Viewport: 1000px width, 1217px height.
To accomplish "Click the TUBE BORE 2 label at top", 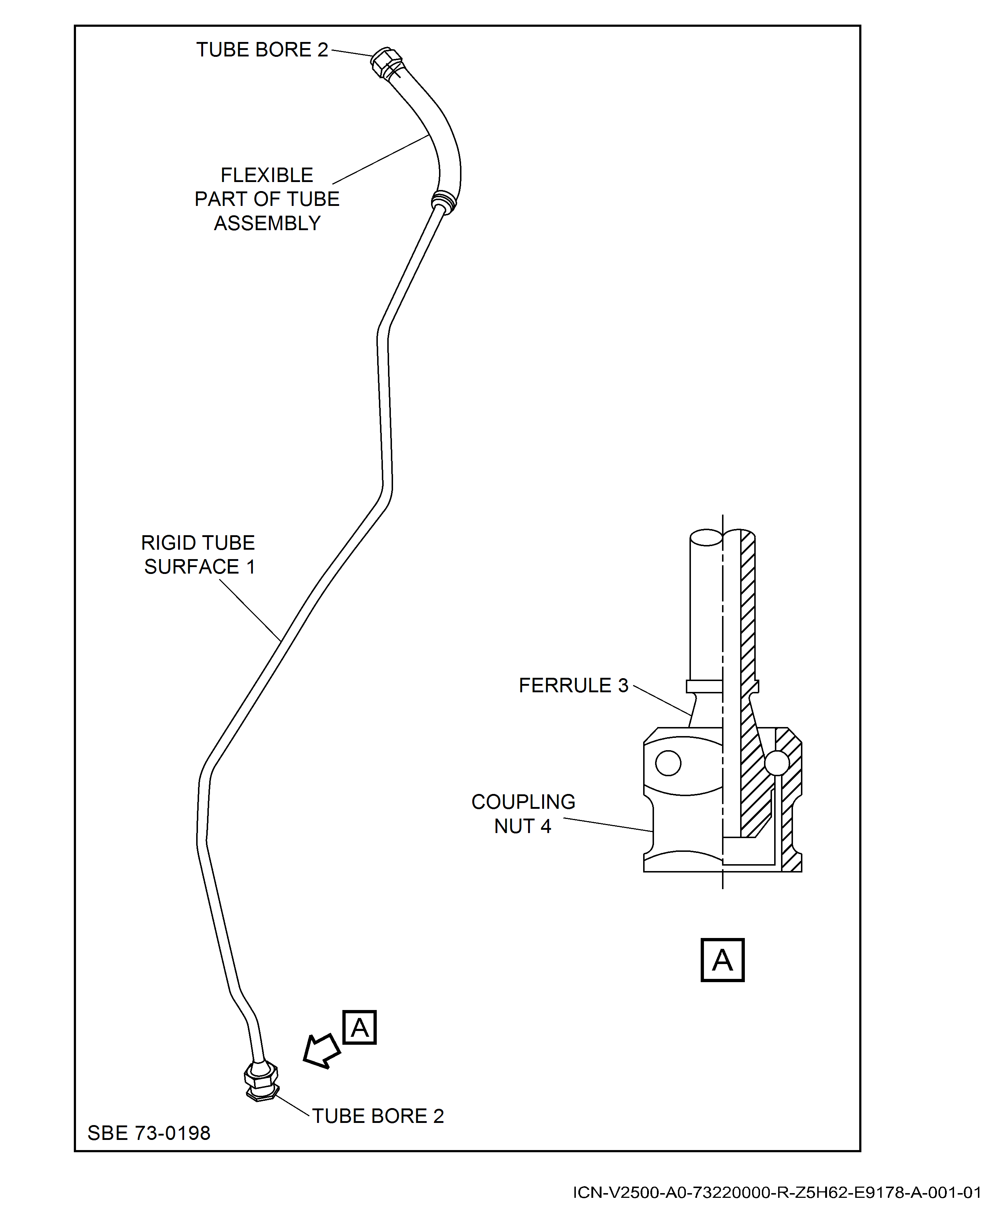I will [x=262, y=50].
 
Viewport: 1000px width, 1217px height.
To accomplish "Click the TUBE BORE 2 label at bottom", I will [x=378, y=1116].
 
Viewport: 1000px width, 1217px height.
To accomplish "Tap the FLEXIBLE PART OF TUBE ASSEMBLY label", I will [x=267, y=199].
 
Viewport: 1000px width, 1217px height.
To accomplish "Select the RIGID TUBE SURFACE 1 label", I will [x=198, y=555].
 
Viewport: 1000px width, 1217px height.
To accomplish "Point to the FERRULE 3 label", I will [x=573, y=685].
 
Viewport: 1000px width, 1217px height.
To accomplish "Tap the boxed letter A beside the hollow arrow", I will [x=359, y=1027].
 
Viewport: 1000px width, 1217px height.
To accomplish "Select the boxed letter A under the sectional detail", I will [x=722, y=960].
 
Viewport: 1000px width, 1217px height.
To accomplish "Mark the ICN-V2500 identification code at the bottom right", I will [x=776, y=1192].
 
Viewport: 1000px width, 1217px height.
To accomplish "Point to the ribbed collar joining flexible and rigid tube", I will [x=444, y=202].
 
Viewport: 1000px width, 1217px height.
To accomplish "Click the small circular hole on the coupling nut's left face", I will [x=668, y=764].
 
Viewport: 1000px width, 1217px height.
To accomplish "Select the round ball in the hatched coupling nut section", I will [x=776, y=763].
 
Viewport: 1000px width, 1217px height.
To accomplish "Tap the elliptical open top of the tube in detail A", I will [x=706, y=537].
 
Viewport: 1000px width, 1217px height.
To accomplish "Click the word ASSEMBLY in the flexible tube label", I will [x=267, y=223].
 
